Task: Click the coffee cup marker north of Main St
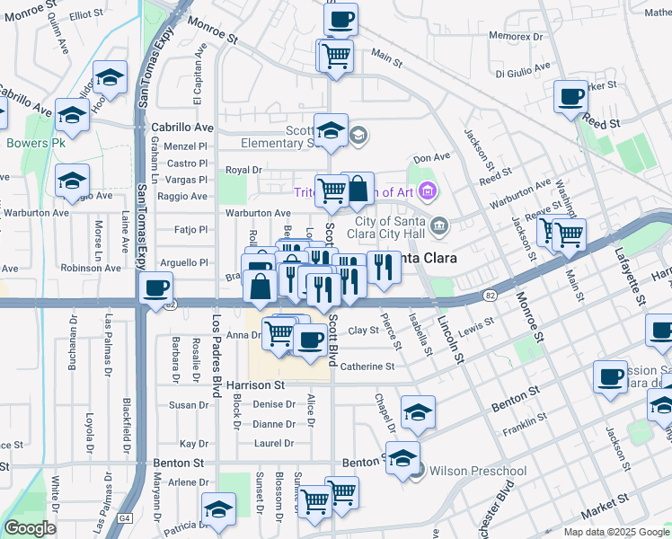pyautogui.click(x=340, y=19)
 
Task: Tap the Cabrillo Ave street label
pyautogui.click(x=182, y=128)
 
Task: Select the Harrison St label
pyautogui.click(x=255, y=384)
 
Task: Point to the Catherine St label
pyautogui.click(x=367, y=367)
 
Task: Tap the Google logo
pyautogui.click(x=30, y=528)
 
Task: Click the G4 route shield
pyautogui.click(x=126, y=518)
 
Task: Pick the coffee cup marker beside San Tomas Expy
pyautogui.click(x=157, y=288)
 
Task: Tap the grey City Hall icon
pyautogui.click(x=439, y=225)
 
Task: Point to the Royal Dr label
pyautogui.click(x=243, y=169)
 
